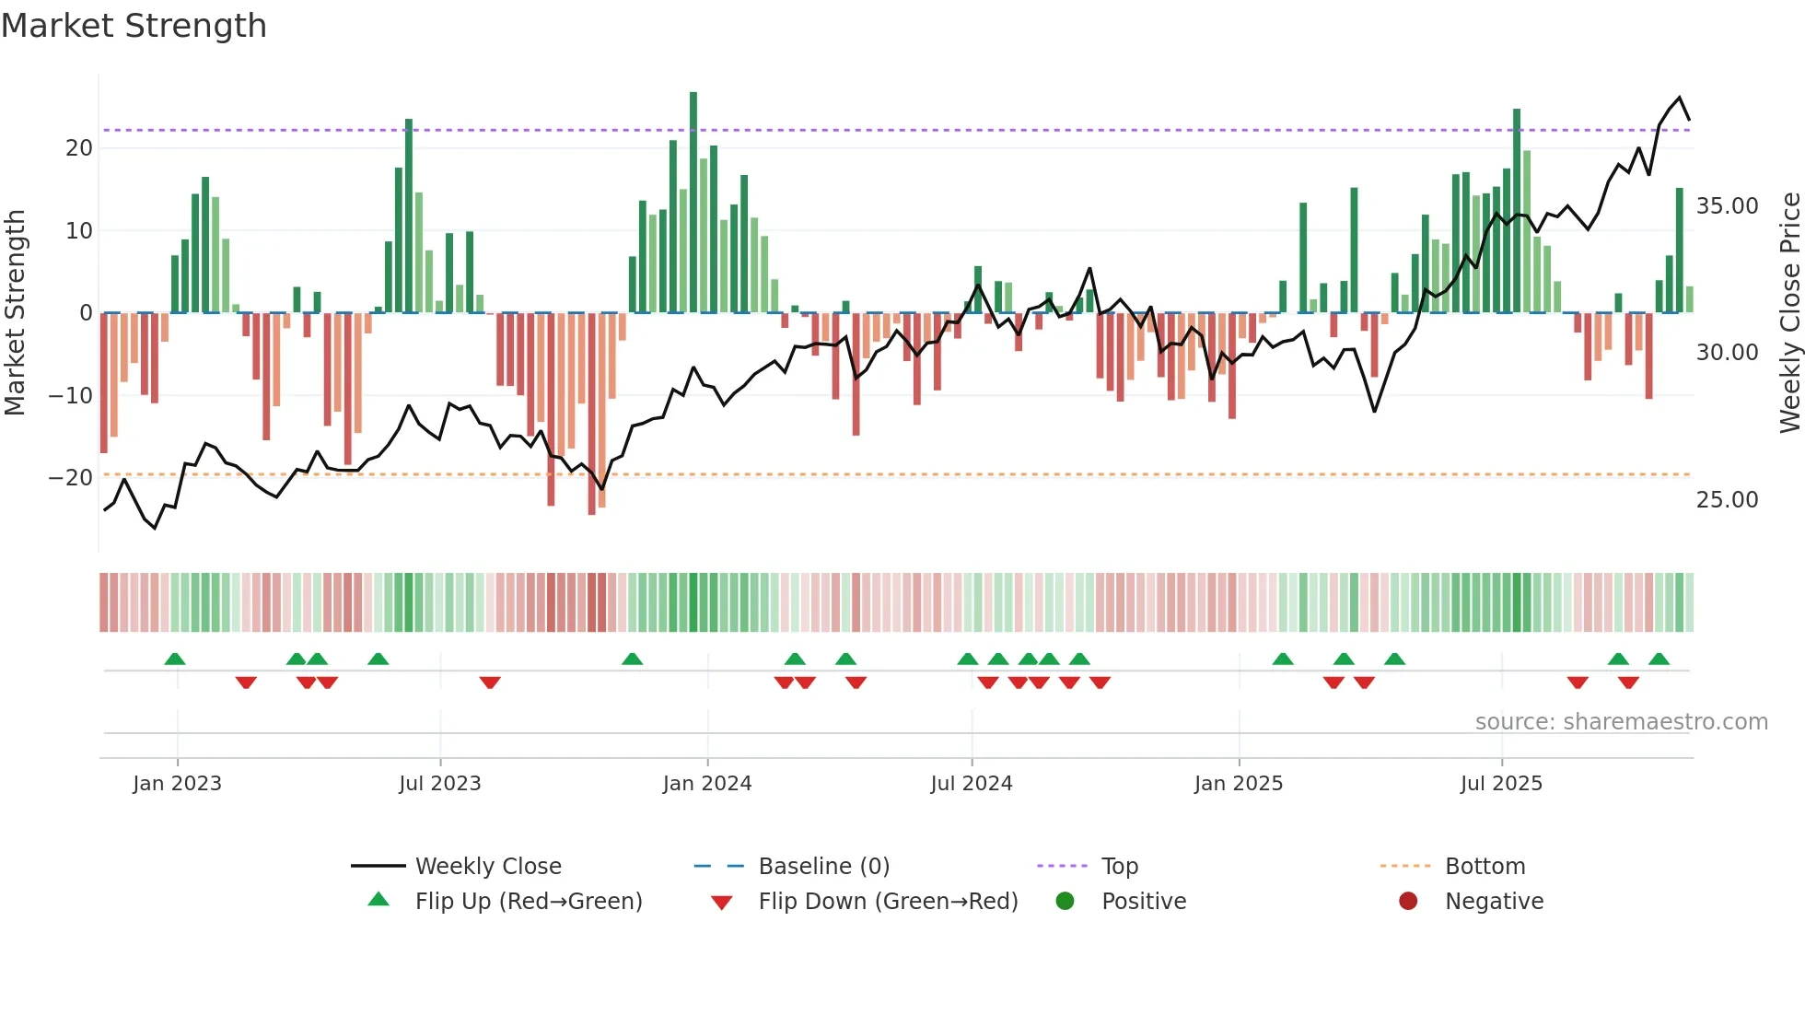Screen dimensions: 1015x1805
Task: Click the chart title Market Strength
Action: pos(134,26)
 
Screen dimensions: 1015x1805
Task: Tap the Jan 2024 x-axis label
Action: pos(706,784)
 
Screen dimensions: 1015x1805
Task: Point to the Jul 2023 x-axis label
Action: pos(439,784)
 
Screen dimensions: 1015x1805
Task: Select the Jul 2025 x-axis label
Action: pos(1500,784)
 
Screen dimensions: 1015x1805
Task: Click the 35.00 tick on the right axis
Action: pos(1727,206)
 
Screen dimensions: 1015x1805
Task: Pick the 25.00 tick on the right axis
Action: pos(1727,500)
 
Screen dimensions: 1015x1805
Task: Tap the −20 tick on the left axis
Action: pos(71,478)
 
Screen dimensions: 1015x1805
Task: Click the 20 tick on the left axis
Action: pos(79,148)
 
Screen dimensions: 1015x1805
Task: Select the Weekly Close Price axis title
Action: pos(1789,313)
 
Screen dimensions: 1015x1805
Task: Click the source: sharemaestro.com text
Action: pos(1621,722)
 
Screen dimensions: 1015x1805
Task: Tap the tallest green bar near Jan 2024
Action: pos(693,203)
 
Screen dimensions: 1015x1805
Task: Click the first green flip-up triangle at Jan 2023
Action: pos(175,659)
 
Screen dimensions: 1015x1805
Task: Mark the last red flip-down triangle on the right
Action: pos(1628,682)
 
